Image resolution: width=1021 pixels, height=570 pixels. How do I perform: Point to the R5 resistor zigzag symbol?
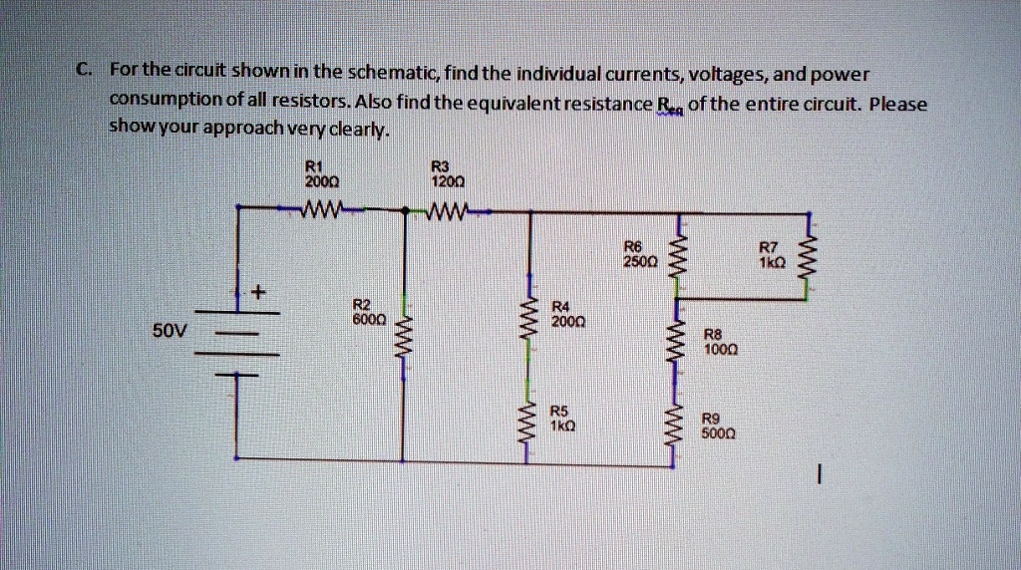530,423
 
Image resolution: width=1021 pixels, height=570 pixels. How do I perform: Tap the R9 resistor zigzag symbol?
680,430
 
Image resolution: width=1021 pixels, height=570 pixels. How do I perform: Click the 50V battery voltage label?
170,329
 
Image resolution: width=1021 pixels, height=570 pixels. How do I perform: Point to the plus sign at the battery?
258,293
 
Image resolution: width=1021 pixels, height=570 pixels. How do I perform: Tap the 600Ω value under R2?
368,318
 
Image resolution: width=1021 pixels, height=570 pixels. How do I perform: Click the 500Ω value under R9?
718,434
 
